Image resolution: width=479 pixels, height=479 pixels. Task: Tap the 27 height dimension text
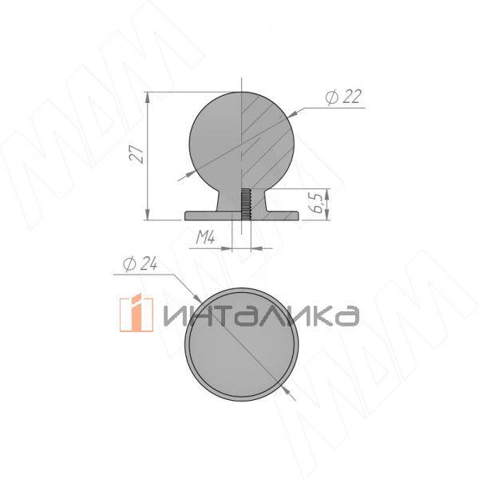coord(137,153)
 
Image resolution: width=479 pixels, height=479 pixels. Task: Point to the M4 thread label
coord(207,237)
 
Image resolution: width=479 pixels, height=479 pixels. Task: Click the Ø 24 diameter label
coord(139,264)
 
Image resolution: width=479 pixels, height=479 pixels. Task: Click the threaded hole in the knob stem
coord(247,204)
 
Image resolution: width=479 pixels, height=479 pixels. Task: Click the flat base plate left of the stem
coord(200,215)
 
